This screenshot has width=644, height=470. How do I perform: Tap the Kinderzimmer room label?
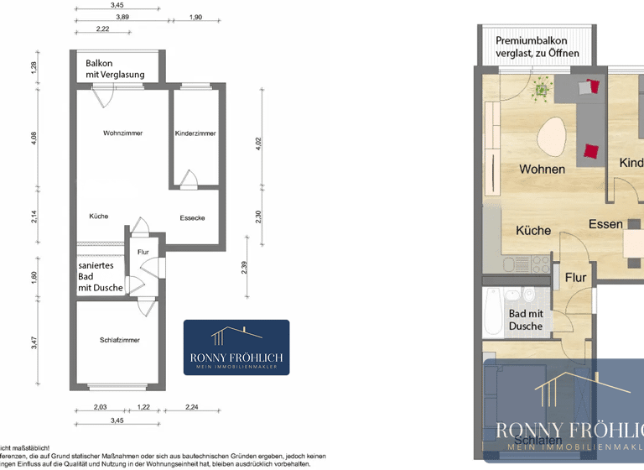point(195,133)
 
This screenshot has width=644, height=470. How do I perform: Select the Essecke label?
point(192,218)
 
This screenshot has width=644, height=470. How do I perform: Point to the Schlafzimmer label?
point(118,340)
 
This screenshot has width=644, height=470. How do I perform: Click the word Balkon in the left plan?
point(99,63)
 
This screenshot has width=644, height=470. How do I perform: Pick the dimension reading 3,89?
point(122,17)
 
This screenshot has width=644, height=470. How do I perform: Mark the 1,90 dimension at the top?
point(195,17)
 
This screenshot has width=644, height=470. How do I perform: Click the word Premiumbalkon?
point(531,41)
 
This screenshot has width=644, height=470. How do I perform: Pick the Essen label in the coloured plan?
point(605,224)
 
